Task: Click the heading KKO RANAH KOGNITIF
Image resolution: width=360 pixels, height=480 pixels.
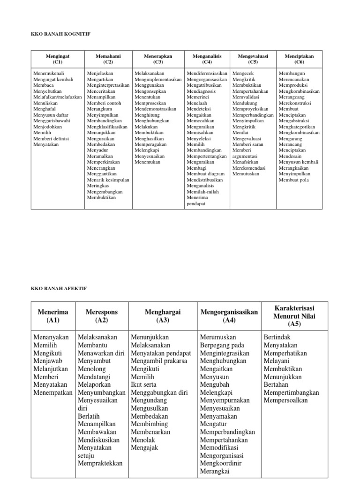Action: pyautogui.click(x=60, y=34)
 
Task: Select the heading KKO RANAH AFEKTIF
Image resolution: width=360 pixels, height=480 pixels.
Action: pyautogui.click(x=60, y=288)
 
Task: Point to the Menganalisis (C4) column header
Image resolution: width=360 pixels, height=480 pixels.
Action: pyautogui.click(x=207, y=59)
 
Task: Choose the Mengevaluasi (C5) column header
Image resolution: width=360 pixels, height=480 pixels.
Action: pyautogui.click(x=253, y=59)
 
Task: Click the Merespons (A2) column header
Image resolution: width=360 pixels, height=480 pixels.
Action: pyautogui.click(x=102, y=316)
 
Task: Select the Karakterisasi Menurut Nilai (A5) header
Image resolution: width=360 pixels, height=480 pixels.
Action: pyautogui.click(x=294, y=315)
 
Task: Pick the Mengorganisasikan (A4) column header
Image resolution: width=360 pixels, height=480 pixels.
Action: pyautogui.click(x=229, y=316)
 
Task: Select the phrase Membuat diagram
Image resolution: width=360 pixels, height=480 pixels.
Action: pyautogui.click(x=206, y=173)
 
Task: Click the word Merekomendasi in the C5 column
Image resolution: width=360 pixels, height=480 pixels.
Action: pyautogui.click(x=249, y=167)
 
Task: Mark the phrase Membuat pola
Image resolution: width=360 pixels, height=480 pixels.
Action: pyautogui.click(x=294, y=180)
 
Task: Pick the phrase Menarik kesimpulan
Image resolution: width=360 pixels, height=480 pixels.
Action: pyautogui.click(x=108, y=180)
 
